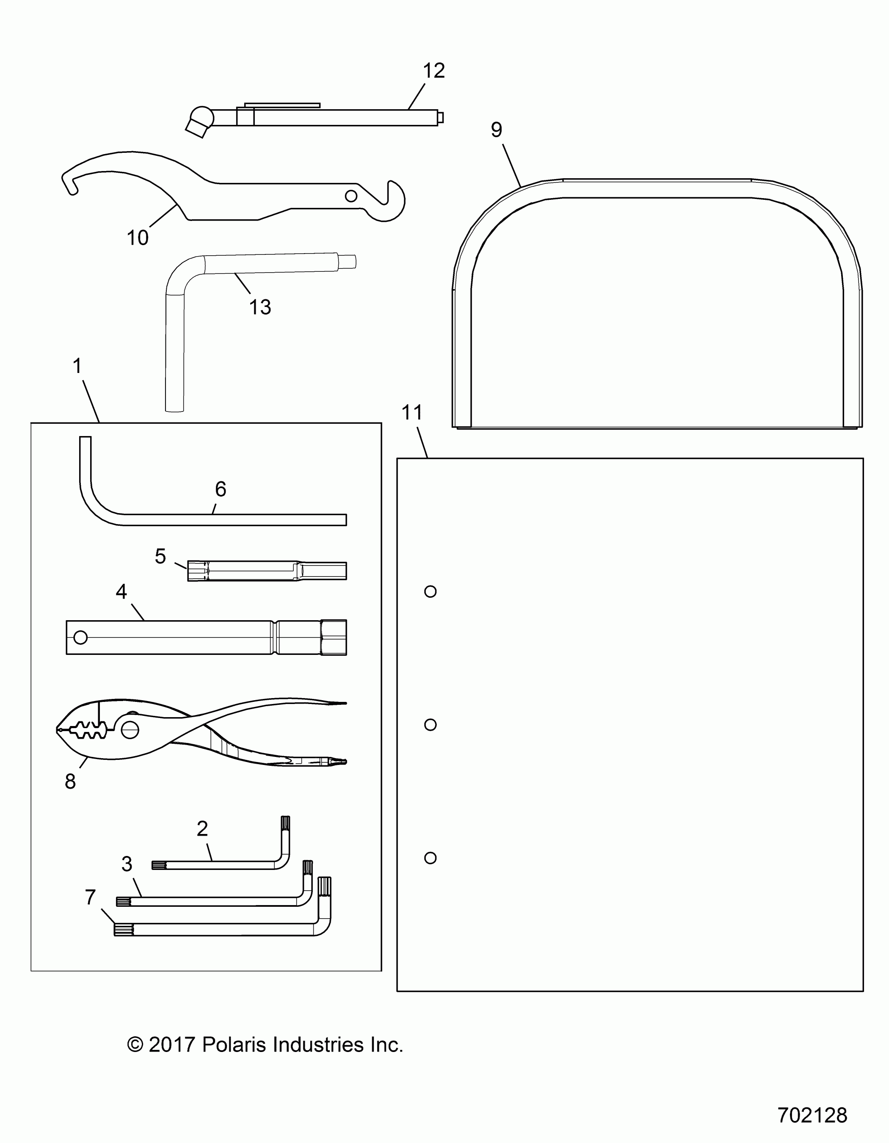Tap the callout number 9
pos(496,129)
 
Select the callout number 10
pos(138,238)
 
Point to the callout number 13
pos(260,307)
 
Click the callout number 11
pos(412,412)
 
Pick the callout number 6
pos(220,489)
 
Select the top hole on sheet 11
pos(430,591)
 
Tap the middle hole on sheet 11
pos(430,724)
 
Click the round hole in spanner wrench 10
pos(351,196)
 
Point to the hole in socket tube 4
pos(80,638)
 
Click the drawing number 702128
pos(812,1115)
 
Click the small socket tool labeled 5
pos(267,571)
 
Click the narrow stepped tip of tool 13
pos(347,261)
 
